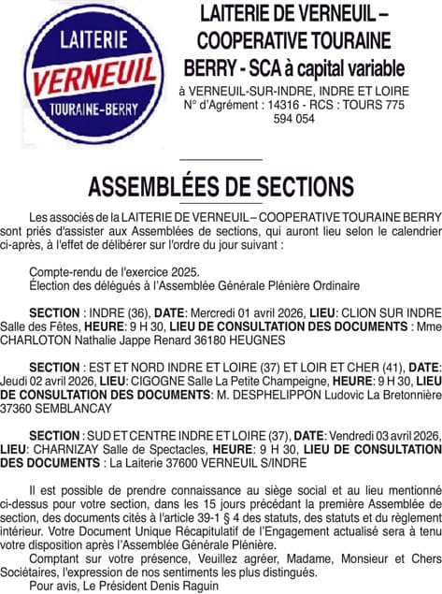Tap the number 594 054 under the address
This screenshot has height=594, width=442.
click(293, 120)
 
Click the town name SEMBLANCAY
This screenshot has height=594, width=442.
click(79, 409)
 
